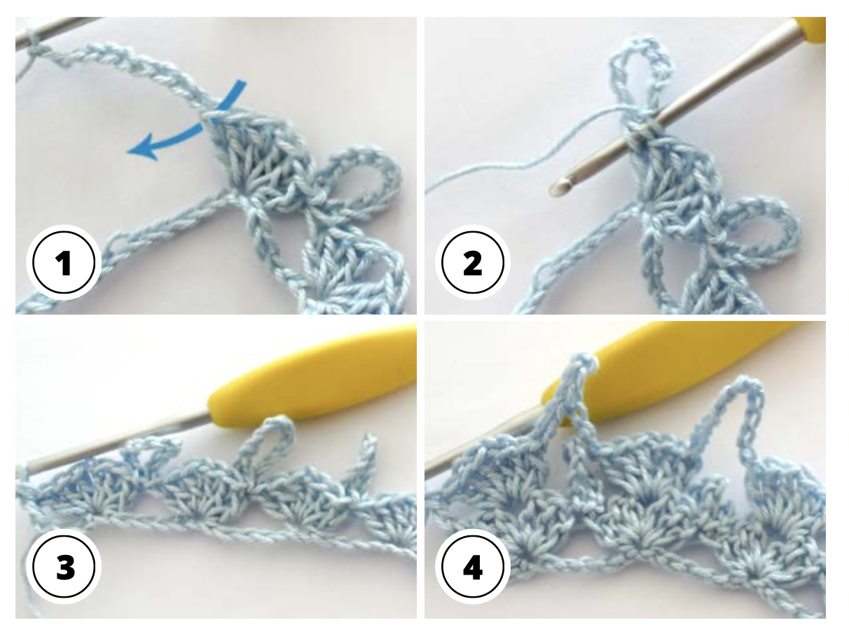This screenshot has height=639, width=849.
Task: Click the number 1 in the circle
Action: (x=64, y=263)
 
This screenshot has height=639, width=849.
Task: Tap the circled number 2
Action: (x=473, y=263)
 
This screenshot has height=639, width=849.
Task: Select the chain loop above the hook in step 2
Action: (x=641, y=70)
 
